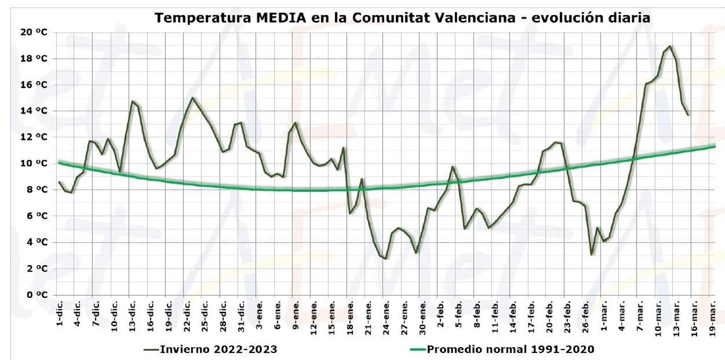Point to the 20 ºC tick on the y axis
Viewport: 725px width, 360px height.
pos(34,32)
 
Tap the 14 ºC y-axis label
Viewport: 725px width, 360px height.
pos(34,111)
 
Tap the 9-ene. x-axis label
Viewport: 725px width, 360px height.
pos(295,314)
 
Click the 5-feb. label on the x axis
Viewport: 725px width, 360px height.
pos(459,314)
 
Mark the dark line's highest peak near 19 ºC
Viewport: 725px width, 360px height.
pos(670,46)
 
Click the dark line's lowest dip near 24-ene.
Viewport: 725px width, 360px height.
pos(385,258)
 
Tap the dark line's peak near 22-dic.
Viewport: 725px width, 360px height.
pos(193,97)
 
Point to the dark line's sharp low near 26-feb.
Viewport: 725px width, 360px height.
pos(591,255)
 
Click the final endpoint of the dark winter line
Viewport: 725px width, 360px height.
pos(688,115)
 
